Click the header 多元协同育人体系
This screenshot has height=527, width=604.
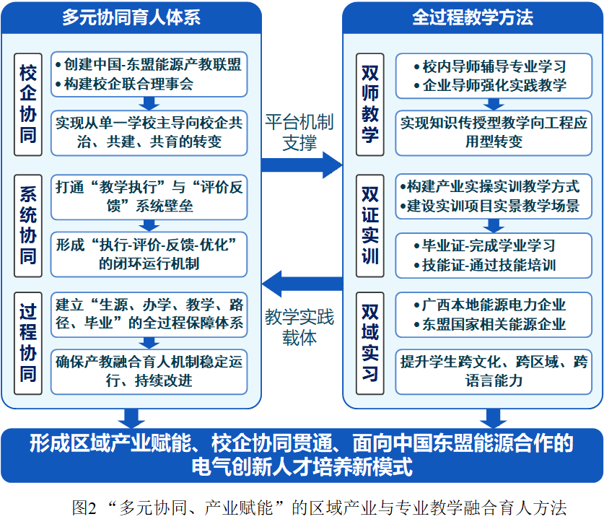pos(131,18)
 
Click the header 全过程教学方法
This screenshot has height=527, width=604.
pos(473,18)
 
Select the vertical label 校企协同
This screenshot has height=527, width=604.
pos(28,105)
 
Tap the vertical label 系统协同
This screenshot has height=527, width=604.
pos(28,226)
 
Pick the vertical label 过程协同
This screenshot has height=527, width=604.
pos(28,343)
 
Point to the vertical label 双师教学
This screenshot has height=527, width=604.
pos(370,105)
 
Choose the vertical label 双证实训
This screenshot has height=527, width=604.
pos(370,226)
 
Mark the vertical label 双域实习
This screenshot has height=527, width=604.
pos(370,343)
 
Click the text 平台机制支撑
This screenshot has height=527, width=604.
pos(299,132)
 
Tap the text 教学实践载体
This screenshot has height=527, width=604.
pos(299,328)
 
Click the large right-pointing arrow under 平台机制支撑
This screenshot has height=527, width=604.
pos(302,165)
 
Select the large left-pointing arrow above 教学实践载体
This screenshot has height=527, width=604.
pos(302,284)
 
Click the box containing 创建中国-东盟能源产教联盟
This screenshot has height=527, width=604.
pos(149,74)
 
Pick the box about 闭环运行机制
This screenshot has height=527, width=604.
pos(149,254)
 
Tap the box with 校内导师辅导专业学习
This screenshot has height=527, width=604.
pos(494,76)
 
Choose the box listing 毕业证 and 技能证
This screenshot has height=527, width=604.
pos(494,256)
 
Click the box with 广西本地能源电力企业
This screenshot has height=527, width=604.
pos(494,315)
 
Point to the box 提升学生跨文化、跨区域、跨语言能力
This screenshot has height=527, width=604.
pos(494,372)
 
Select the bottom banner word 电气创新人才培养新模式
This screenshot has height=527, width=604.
pos(302,467)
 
